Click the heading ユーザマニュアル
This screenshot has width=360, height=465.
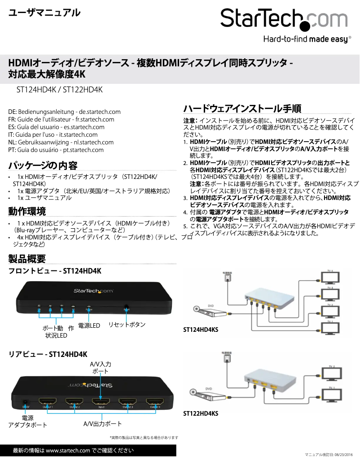[x=44, y=13]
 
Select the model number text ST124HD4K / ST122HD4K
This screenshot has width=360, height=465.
[x=60, y=90]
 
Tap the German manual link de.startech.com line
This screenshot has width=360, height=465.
[x=65, y=112]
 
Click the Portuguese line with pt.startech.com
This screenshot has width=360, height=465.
[x=56, y=150]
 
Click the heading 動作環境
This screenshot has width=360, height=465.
[x=27, y=211]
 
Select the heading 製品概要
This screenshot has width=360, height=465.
[x=27, y=258]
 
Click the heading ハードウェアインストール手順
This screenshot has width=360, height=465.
[x=242, y=109]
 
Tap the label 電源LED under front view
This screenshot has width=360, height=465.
[x=89, y=325]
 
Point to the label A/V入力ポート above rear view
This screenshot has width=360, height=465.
[x=101, y=368]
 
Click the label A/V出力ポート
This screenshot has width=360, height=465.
[x=103, y=424]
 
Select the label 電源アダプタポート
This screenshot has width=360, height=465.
[x=28, y=422]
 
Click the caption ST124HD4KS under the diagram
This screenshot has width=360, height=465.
[x=201, y=330]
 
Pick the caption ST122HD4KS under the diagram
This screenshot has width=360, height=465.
[x=201, y=413]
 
